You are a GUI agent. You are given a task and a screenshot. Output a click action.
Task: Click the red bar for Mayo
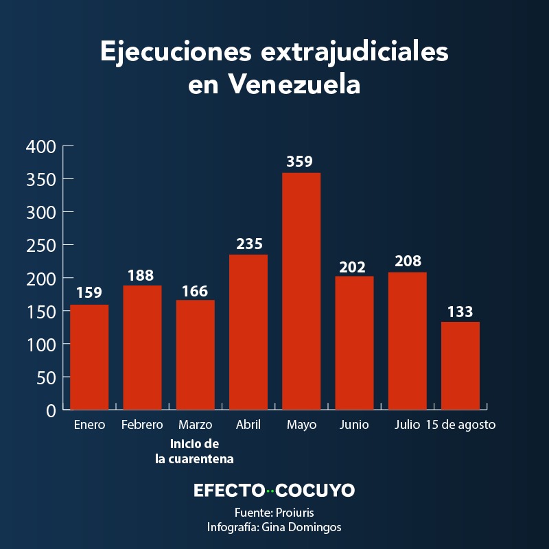(301, 291)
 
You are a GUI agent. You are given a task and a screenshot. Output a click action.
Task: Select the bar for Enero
(89, 357)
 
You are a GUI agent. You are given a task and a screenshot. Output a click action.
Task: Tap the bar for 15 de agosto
(460, 365)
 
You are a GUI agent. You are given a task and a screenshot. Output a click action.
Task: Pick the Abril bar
(248, 332)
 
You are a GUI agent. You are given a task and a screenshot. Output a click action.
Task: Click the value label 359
(299, 162)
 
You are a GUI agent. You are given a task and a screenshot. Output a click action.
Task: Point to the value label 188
(142, 275)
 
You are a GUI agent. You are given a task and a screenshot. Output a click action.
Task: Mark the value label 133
(460, 312)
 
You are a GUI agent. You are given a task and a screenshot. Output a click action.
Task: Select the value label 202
(353, 266)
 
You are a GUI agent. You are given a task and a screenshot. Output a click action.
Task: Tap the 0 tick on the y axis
(50, 410)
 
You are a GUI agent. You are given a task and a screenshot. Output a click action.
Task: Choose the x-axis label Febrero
(142, 425)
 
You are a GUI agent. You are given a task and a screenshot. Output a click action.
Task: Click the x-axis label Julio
(407, 425)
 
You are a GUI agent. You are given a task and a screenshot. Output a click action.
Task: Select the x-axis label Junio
(354, 425)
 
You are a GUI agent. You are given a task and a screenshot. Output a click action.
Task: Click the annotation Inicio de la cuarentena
(195, 451)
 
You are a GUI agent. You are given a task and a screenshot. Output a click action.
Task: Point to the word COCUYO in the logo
(316, 491)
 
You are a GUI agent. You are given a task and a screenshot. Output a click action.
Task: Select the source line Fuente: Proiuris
(274, 513)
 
